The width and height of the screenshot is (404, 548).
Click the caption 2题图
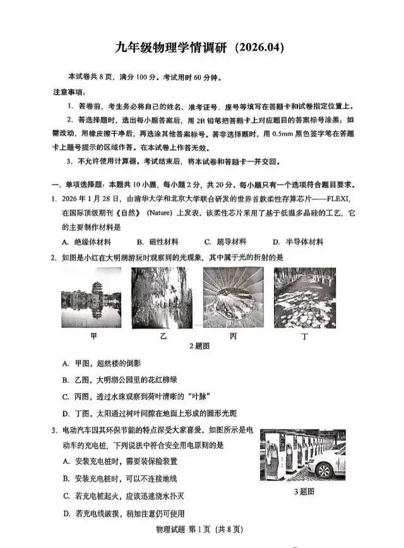[199, 346]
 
